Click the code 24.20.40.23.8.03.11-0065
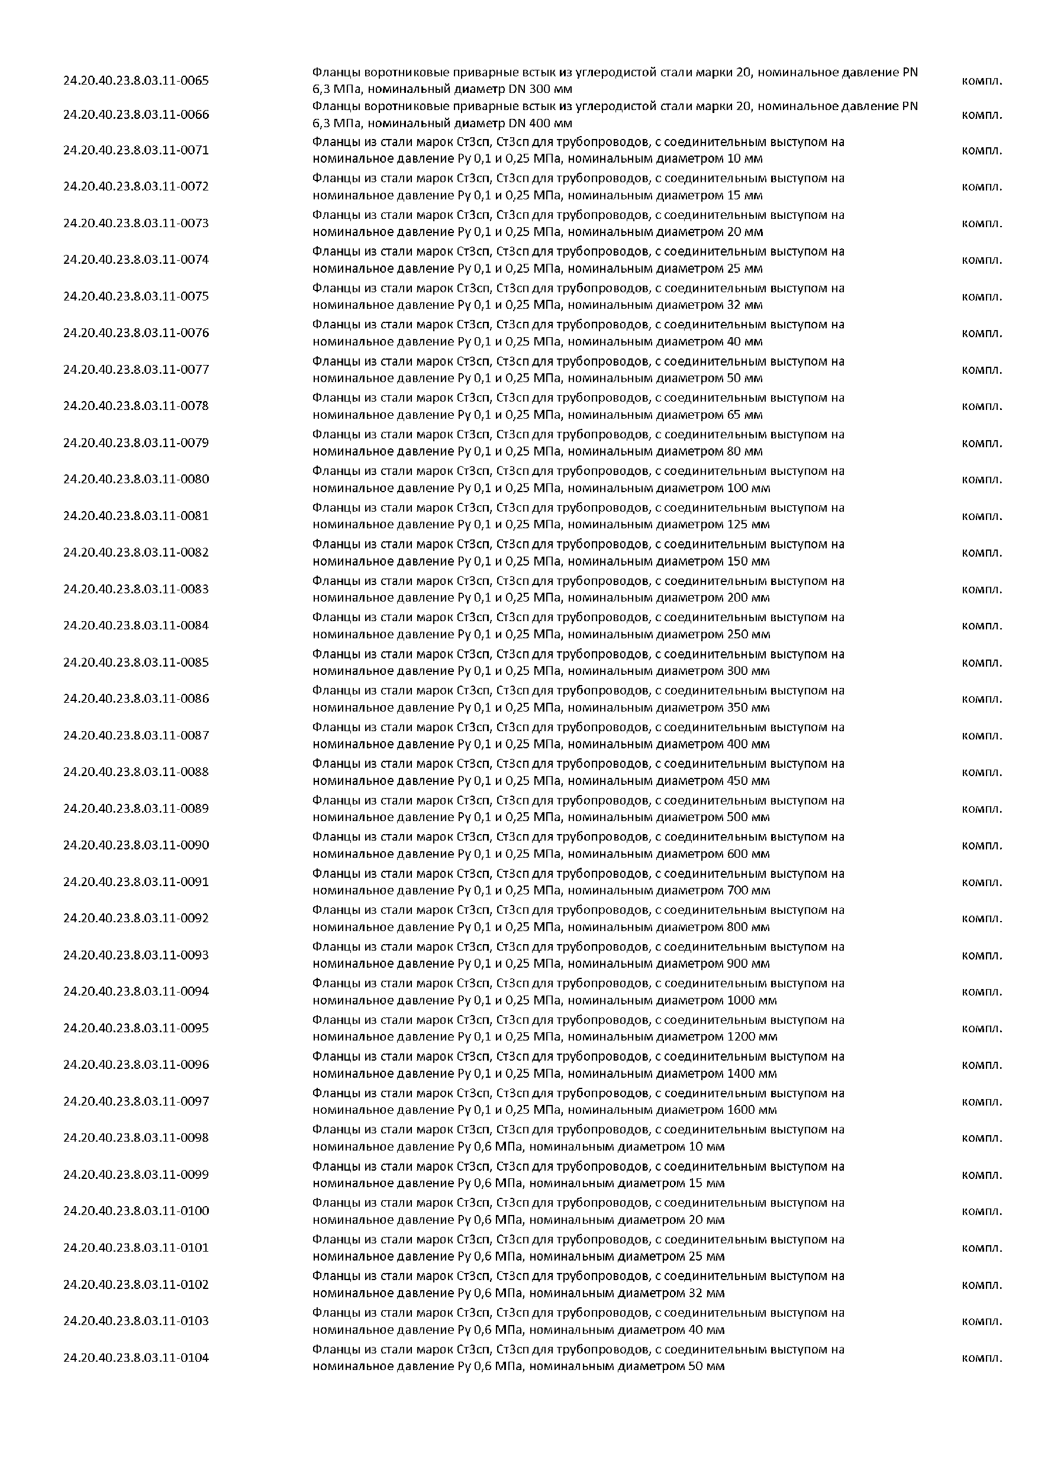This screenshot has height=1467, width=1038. point(136,80)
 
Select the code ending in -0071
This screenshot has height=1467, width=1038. point(136,150)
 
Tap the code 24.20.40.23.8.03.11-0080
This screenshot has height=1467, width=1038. point(136,479)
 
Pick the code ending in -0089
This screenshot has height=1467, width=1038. point(136,808)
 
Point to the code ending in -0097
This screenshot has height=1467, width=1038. point(136,1101)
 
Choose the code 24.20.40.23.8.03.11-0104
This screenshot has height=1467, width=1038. point(136,1357)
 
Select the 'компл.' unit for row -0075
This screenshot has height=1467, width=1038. point(982,296)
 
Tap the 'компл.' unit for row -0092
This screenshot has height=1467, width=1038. point(982,918)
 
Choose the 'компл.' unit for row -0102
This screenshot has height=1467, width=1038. point(982,1284)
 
